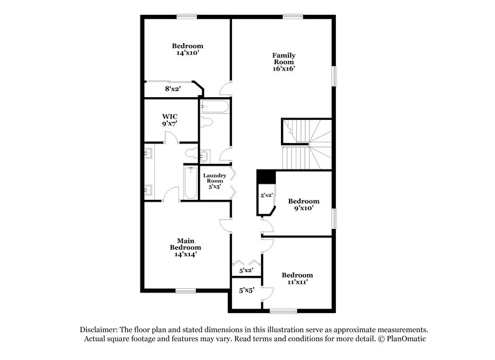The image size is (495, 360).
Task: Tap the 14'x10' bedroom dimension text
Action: coord(187,53)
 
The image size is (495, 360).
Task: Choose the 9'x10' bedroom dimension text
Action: coord(304,208)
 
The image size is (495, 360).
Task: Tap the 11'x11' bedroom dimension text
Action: coord(297,282)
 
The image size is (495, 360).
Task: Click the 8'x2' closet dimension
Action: coord(173,89)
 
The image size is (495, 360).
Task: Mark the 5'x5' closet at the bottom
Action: coord(246,289)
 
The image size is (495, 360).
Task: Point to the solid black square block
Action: coord(266,176)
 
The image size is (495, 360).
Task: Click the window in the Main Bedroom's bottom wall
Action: coord(186,290)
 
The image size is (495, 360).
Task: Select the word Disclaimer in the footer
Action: coord(98,330)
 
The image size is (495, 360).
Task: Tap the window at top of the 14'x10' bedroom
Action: coord(186,16)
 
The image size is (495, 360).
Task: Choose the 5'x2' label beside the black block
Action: coord(267,195)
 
